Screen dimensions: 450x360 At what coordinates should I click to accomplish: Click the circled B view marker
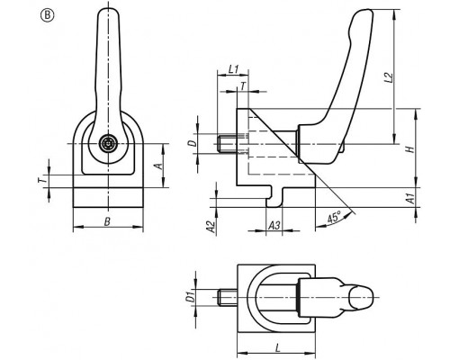(x=47, y=16)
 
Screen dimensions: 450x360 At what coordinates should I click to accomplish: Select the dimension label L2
(x=389, y=77)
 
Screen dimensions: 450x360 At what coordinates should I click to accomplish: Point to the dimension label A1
(x=410, y=198)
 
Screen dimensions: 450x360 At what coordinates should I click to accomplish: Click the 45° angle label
(x=334, y=217)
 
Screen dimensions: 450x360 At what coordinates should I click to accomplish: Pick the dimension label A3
(x=274, y=225)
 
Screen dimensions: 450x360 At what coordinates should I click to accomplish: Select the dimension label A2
(x=211, y=227)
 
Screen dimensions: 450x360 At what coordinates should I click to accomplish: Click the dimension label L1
(x=233, y=69)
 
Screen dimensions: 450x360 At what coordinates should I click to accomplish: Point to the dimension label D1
(x=190, y=297)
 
